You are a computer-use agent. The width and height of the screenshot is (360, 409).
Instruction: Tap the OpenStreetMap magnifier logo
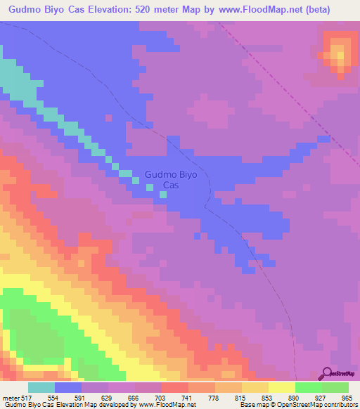click(x=327, y=373)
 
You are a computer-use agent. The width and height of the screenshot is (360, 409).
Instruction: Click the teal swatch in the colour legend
click(x=41, y=388)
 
